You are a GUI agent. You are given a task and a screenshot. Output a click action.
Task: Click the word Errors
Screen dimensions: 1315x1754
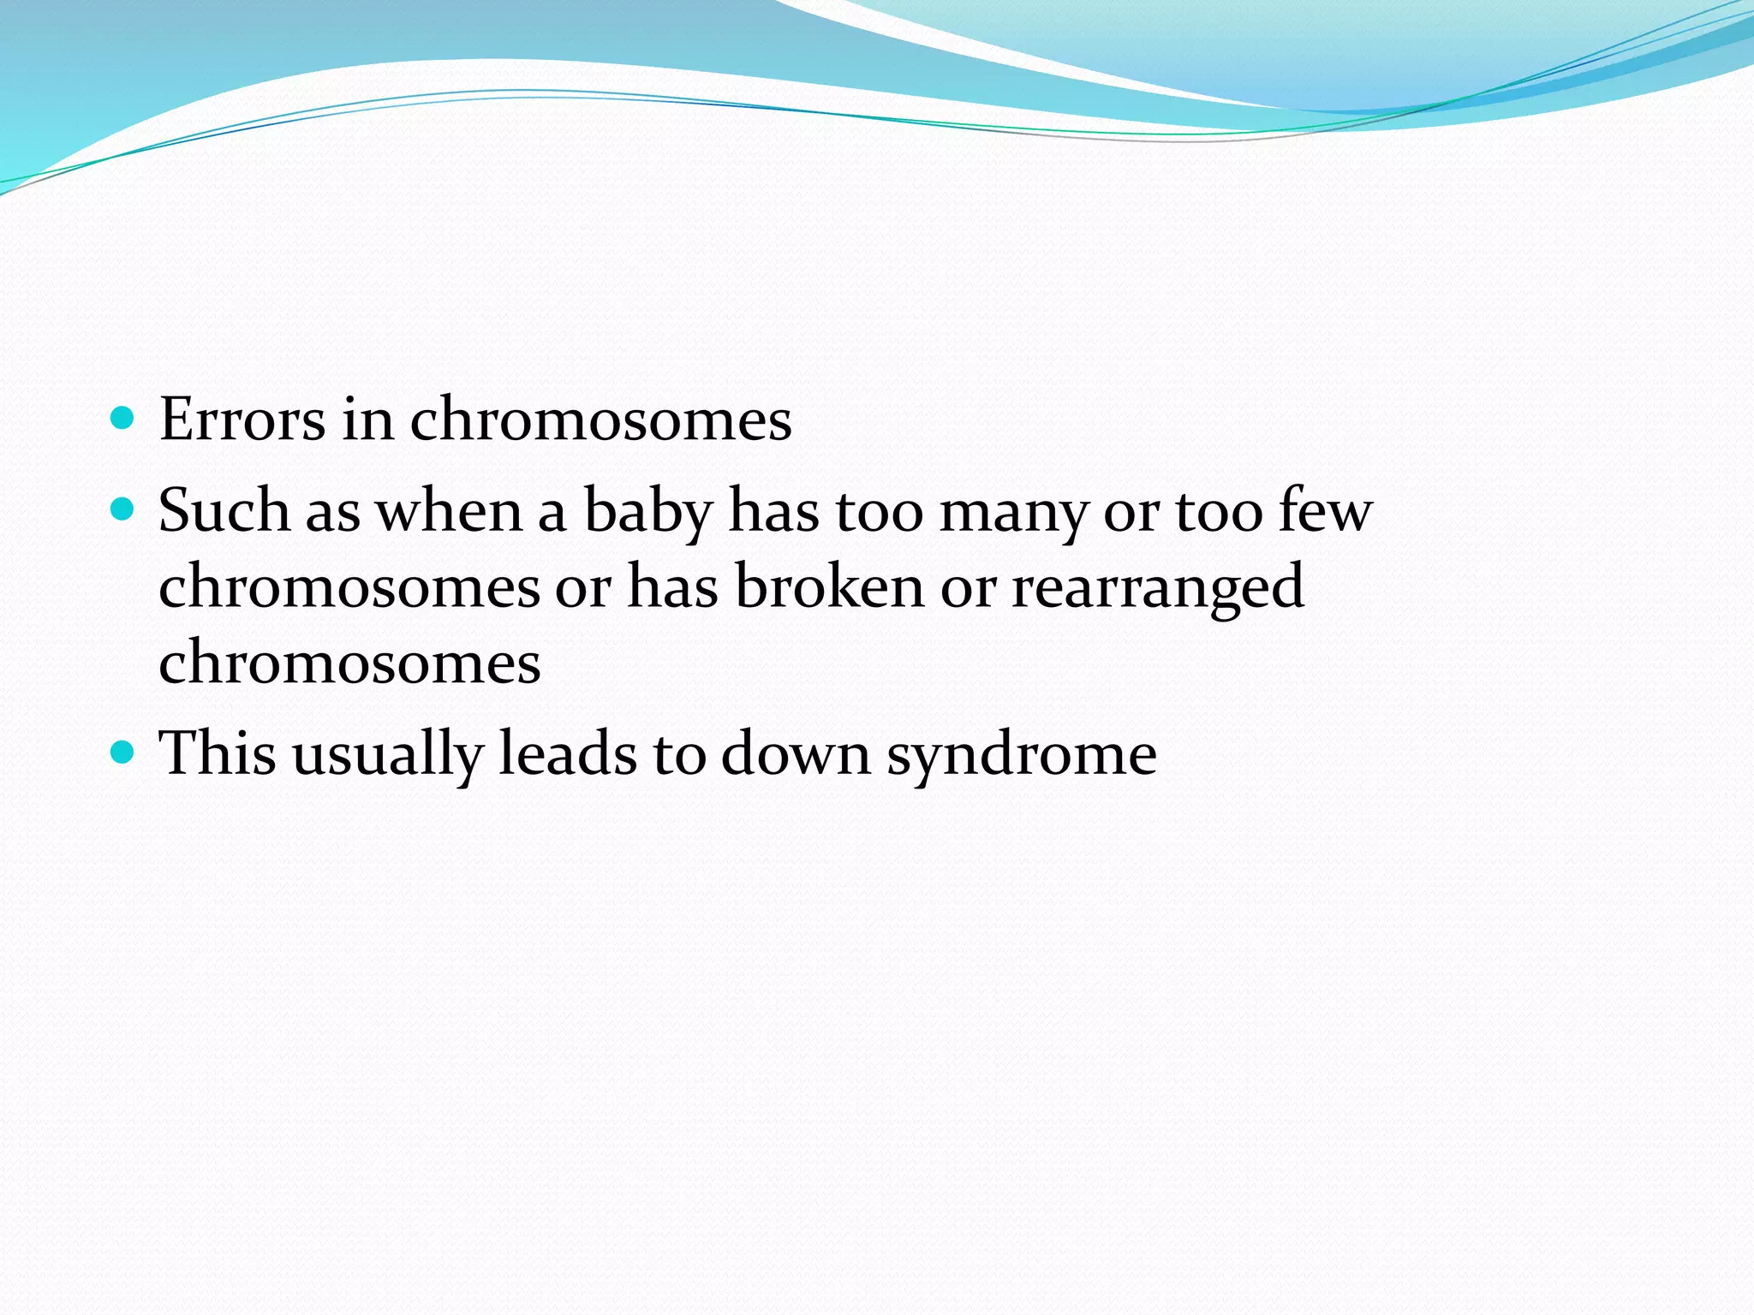pyautogui.click(x=242, y=420)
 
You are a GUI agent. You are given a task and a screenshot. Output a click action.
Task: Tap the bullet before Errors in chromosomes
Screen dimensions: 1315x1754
pyautogui.click(x=123, y=418)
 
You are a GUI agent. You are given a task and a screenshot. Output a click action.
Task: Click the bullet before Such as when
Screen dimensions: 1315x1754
pyautogui.click(x=123, y=510)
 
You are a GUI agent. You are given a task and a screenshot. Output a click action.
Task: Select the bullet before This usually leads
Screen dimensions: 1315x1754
pyautogui.click(x=123, y=753)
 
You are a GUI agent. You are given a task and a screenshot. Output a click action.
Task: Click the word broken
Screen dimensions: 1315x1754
pyautogui.click(x=830, y=587)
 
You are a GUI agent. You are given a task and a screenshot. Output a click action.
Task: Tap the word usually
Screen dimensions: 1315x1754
pyautogui.click(x=388, y=755)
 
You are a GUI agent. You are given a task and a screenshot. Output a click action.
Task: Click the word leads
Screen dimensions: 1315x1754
pyautogui.click(x=568, y=754)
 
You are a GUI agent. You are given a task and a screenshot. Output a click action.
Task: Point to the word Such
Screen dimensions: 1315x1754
pyautogui.click(x=224, y=511)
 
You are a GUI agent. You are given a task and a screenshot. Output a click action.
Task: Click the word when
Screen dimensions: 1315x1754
pyautogui.click(x=450, y=511)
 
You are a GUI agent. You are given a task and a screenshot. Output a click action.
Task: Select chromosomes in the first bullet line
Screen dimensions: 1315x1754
pyautogui.click(x=600, y=420)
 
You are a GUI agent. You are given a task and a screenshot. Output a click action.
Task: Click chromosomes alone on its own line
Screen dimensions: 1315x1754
pyautogui.click(x=349, y=663)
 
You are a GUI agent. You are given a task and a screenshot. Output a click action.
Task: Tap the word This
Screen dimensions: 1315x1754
pyautogui.click(x=218, y=754)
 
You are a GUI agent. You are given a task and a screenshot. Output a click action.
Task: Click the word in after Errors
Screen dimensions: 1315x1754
pyautogui.click(x=367, y=420)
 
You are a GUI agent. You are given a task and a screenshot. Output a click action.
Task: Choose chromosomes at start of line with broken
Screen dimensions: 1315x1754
pyautogui.click(x=349, y=587)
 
